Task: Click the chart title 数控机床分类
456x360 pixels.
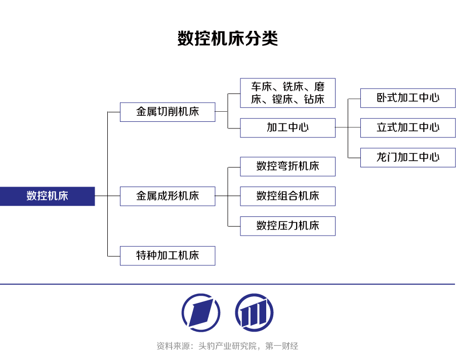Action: [x=228, y=38]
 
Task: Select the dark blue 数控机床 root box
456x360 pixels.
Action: [x=47, y=196]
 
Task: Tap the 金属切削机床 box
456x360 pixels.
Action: [x=168, y=112]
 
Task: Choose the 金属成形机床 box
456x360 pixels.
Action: [x=168, y=196]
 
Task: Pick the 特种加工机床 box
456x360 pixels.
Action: [x=168, y=256]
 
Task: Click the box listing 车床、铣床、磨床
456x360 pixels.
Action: [x=287, y=93]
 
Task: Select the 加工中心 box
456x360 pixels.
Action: [x=287, y=128]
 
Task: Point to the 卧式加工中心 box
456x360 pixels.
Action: [x=408, y=98]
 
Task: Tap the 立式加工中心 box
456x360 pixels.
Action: [x=408, y=128]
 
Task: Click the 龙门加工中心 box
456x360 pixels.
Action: [x=408, y=158]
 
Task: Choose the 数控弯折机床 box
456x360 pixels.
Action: [x=287, y=166]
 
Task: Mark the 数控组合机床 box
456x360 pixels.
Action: [x=287, y=196]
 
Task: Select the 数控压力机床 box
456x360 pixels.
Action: [x=287, y=226]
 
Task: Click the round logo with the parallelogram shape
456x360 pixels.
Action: [x=201, y=312]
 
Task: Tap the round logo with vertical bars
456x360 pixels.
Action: [x=254, y=312]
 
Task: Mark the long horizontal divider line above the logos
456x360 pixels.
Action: [x=228, y=284]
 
